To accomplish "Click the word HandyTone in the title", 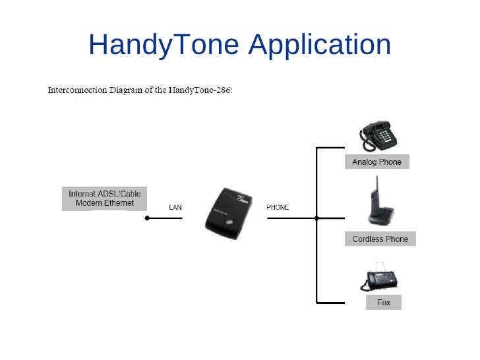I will [164, 45].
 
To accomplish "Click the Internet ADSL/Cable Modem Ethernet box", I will [105, 198].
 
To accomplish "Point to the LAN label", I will [175, 208].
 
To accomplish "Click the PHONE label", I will [278, 208].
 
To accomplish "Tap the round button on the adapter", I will [229, 223].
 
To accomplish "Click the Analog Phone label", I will [376, 162].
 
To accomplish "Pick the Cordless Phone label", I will [380, 239].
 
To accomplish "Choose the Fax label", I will [384, 303].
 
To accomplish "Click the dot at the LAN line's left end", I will [147, 218].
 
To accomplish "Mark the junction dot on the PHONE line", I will [317, 218].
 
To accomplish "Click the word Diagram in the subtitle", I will [128, 90].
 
